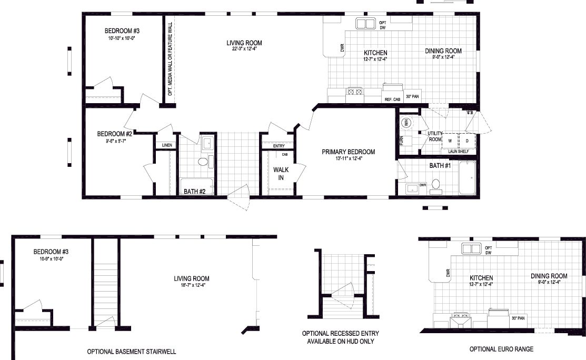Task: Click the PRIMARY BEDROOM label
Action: (x=349, y=152)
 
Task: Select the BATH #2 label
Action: (x=194, y=192)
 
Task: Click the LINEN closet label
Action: (x=167, y=145)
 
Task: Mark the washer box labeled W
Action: (x=450, y=141)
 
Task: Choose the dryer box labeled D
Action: (x=467, y=141)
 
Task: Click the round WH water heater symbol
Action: (x=406, y=123)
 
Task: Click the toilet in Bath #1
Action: (x=435, y=185)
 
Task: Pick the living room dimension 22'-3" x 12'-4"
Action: (x=244, y=50)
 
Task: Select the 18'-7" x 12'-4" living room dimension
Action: (x=192, y=286)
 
